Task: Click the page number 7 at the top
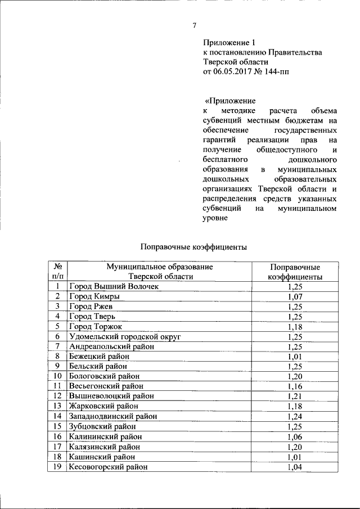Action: [194, 25]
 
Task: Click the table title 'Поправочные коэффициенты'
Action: [193, 246]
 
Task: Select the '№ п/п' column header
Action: [57, 272]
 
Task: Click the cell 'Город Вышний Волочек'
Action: [114, 287]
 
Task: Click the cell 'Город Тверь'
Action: [92, 317]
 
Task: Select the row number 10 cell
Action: [57, 376]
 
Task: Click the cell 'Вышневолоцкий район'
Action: [111, 397]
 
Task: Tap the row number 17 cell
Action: [57, 447]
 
